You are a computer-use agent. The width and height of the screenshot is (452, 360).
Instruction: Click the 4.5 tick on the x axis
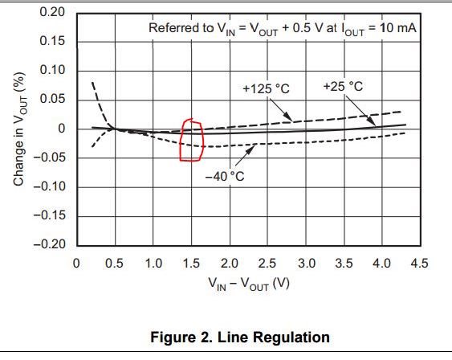click(x=419, y=263)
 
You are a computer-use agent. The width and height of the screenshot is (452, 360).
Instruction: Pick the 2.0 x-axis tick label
click(x=230, y=263)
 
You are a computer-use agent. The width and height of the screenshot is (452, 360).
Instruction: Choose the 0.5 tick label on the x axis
click(x=115, y=263)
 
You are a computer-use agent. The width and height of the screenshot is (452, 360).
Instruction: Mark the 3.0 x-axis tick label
click(x=306, y=263)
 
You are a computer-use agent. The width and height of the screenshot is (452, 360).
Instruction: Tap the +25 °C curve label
click(x=343, y=85)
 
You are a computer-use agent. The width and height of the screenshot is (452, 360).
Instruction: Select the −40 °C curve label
click(x=224, y=176)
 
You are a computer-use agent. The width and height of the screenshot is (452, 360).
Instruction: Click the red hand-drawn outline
click(x=191, y=140)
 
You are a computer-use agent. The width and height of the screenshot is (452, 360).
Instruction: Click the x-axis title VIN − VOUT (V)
click(x=247, y=284)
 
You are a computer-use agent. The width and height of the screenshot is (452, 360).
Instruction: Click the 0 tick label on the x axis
click(x=76, y=263)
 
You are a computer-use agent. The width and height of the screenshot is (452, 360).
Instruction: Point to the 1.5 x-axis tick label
click(x=191, y=263)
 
